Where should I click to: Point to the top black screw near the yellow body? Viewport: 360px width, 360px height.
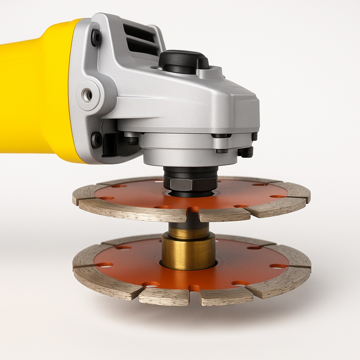coord(96,37)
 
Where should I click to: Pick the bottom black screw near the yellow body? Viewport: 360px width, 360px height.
coord(96,140)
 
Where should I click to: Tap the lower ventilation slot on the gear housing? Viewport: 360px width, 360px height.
coord(141,46)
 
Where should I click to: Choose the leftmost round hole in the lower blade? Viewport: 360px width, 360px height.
coord(104,264)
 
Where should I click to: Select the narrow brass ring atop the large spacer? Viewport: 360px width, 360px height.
coord(188,232)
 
